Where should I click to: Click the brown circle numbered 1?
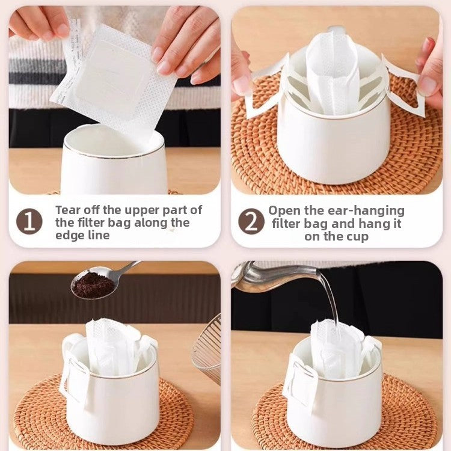pos(29,222)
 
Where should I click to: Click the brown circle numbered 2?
pos(251,221)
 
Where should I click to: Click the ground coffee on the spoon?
pos(93,286)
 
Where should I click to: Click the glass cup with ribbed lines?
pos(206,349)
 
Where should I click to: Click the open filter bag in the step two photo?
pos(332,73)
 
